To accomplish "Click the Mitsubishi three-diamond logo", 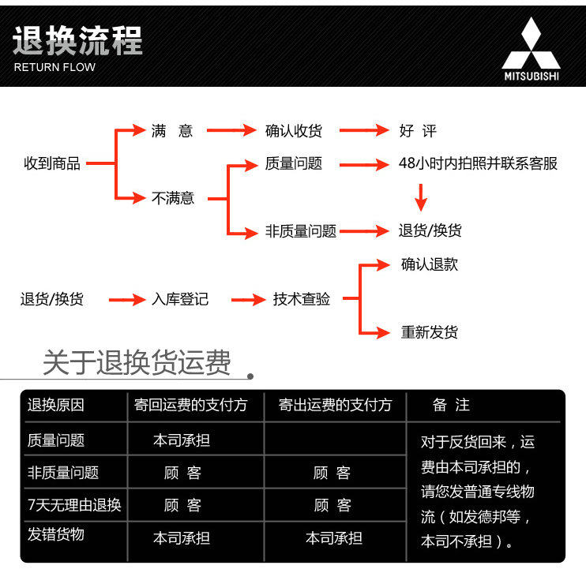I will (531, 45).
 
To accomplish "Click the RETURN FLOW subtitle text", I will (54, 67).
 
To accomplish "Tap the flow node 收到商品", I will (52, 164).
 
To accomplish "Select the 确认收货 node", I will (294, 131).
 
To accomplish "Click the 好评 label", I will (418, 131).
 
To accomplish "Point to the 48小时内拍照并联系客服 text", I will (478, 164).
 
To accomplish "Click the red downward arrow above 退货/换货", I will (421, 197).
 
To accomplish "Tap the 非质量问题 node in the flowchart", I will (301, 231).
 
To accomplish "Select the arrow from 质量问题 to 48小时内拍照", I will (364, 164).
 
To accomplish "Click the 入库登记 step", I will (180, 300).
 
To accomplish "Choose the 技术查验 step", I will (302, 300).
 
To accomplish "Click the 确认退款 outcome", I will (429, 265).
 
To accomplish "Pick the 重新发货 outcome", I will (429, 332).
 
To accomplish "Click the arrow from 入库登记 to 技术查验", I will (247, 300).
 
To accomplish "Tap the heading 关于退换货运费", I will (137, 363).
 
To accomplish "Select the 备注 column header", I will (451, 406).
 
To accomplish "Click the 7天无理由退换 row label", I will (74, 505).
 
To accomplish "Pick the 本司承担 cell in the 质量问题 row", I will (182, 440).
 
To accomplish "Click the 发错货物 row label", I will (56, 535).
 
